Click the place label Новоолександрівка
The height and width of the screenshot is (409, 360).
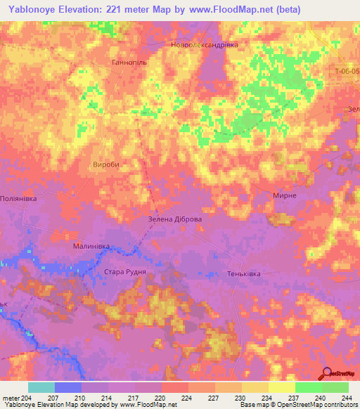[x=205, y=44]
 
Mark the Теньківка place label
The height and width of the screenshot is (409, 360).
[x=245, y=273]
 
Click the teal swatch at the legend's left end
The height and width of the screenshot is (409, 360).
[x=41, y=387]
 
